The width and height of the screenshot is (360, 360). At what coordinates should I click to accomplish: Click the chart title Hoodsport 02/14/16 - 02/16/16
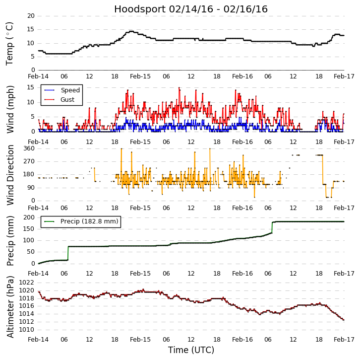click(x=191, y=9)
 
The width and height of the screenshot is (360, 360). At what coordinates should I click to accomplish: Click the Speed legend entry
click(x=70, y=90)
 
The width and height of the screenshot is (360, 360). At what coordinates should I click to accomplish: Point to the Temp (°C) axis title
click(x=10, y=43)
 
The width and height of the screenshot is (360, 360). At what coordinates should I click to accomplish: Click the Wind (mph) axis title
click(x=10, y=109)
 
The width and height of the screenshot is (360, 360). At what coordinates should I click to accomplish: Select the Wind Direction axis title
click(x=10, y=175)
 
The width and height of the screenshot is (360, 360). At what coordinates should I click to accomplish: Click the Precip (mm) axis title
click(x=10, y=240)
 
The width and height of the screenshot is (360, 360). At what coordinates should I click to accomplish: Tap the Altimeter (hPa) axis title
click(x=10, y=306)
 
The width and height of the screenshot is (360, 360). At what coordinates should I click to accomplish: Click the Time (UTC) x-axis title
click(x=191, y=350)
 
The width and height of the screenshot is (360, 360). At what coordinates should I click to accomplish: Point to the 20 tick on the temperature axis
click(x=31, y=16)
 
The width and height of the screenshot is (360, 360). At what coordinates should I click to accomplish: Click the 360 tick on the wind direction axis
click(x=29, y=148)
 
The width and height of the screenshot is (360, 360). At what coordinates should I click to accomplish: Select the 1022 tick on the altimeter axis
click(x=27, y=282)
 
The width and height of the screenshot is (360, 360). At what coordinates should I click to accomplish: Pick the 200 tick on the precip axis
click(x=29, y=217)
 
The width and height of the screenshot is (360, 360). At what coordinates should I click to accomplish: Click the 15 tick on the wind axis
click(x=31, y=87)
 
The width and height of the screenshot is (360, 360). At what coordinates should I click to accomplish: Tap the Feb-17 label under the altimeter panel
click(x=344, y=339)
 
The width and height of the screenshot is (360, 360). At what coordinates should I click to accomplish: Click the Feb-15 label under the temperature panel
click(x=140, y=76)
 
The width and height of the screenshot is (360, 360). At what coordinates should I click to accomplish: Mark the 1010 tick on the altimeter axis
click(x=27, y=329)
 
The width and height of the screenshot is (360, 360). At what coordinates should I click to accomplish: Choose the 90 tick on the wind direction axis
click(x=31, y=187)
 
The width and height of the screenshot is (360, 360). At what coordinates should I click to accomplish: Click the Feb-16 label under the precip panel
click(x=242, y=273)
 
